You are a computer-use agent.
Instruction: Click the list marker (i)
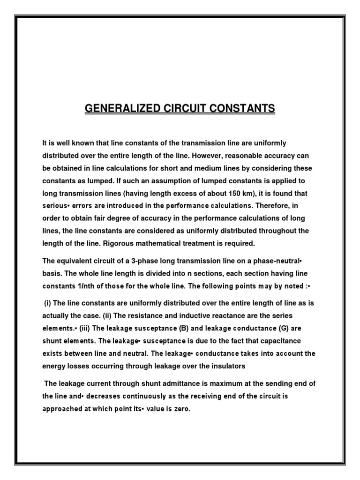[48, 303]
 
